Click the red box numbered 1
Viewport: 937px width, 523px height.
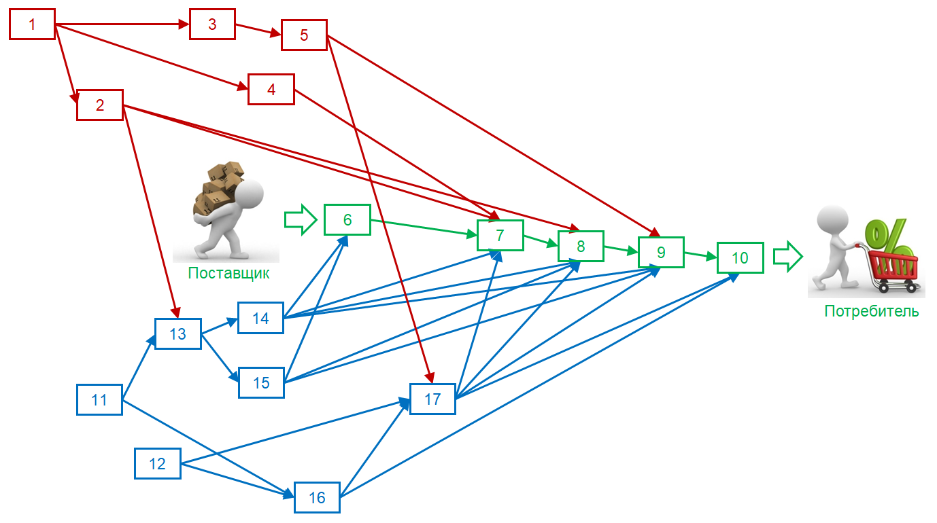[x=32, y=24]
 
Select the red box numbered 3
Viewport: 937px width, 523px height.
[x=212, y=24]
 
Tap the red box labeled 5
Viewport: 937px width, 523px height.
[x=304, y=35]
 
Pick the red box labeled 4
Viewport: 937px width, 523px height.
[x=271, y=89]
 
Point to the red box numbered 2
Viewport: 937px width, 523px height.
[x=100, y=105]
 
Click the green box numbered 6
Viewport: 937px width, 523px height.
[x=347, y=219]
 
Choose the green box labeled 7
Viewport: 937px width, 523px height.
[x=500, y=236]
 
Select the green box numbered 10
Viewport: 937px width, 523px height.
[x=740, y=257]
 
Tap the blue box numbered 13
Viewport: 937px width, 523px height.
[x=177, y=333]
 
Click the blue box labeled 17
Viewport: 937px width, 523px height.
[x=432, y=399]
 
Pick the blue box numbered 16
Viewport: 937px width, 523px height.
[x=317, y=497]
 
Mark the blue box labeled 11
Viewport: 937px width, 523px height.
[x=99, y=399]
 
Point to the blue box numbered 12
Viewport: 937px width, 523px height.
[x=157, y=463]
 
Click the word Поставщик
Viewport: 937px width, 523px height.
[x=228, y=274]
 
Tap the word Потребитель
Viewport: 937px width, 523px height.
[x=872, y=311]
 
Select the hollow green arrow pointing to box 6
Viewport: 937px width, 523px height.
[x=300, y=219]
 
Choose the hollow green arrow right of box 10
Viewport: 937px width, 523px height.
[x=789, y=257]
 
